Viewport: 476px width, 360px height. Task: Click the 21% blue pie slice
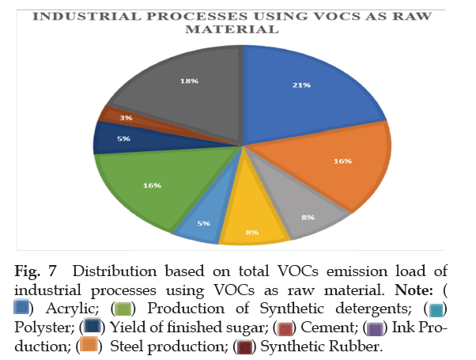click(300, 87)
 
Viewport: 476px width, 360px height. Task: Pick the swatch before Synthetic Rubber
click(247, 346)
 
